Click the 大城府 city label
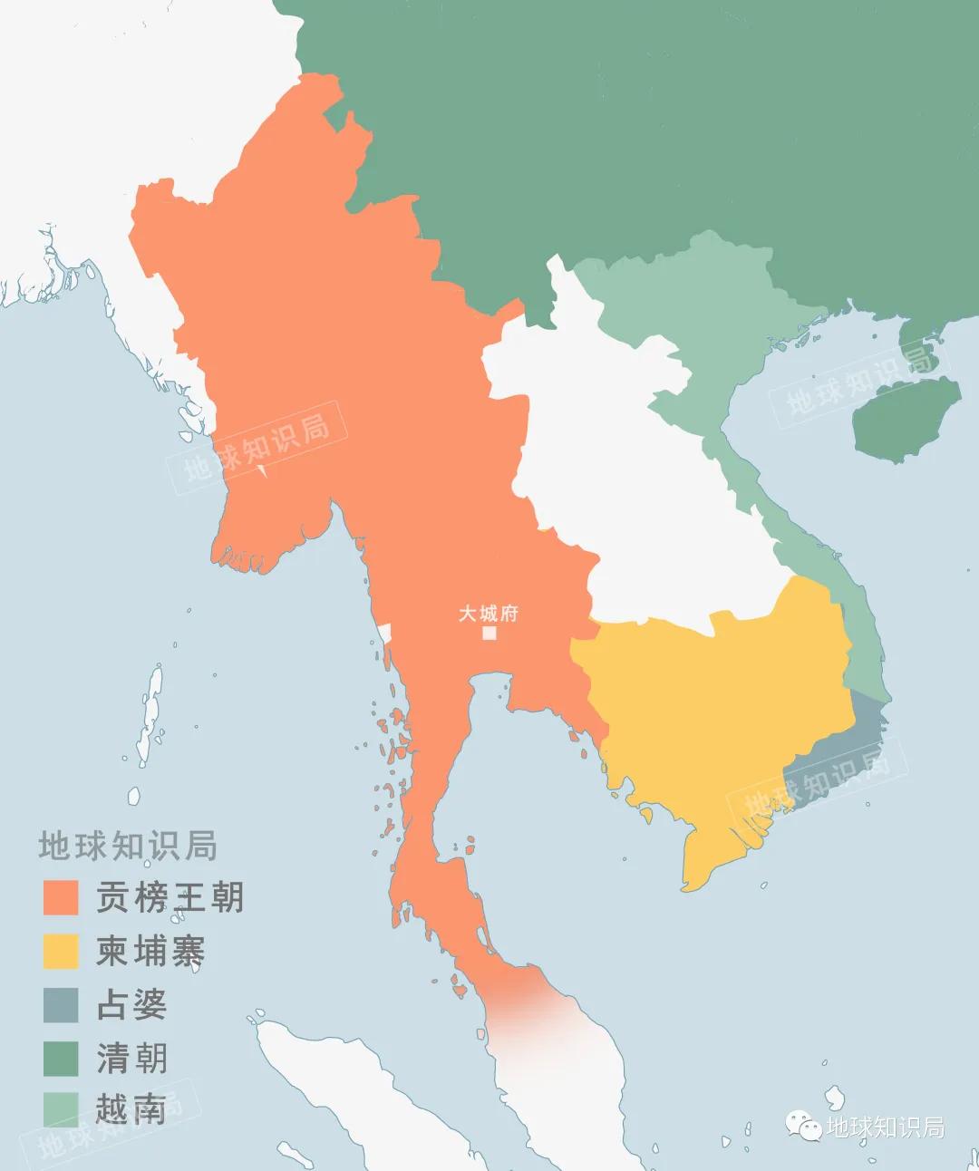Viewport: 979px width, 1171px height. pos(488,614)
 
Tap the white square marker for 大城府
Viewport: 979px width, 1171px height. pos(489,634)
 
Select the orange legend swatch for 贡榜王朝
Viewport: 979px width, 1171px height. pos(61,897)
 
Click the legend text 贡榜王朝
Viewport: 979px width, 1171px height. pos(170,897)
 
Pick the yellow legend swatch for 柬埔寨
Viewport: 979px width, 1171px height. pos(61,951)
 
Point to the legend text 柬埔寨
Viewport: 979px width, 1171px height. pos(150,951)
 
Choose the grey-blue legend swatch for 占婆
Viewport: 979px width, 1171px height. pos(61,1004)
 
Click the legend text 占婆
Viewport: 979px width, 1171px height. pos(132,1004)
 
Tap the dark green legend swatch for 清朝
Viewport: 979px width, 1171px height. pos(61,1058)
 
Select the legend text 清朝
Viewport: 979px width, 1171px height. pos(132,1058)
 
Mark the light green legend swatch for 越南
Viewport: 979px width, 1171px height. pos(61,1109)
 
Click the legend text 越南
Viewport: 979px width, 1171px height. pos(132,1109)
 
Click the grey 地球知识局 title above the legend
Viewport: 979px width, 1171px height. pos(128,846)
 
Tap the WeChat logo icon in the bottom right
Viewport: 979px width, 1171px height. pos(803,1126)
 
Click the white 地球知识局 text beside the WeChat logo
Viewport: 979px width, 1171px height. pos(885,1127)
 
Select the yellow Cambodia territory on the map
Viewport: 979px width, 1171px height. pos(716,707)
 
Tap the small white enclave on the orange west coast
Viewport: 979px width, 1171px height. pos(384,633)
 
